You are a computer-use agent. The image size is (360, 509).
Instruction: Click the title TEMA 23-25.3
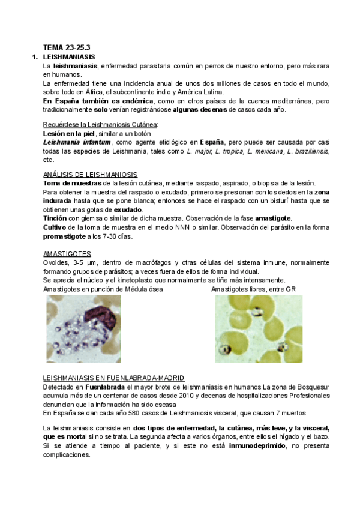[x=67, y=47]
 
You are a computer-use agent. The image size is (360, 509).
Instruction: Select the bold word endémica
[x=137, y=101]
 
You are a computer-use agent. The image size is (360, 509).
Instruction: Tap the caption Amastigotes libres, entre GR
[x=253, y=289]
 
